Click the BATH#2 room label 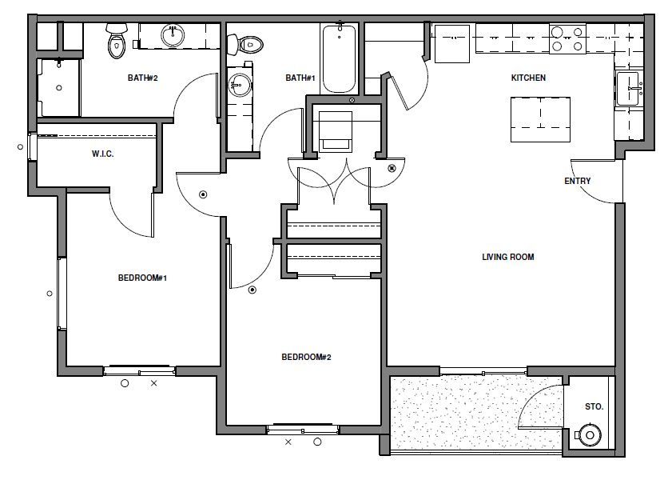point(143,78)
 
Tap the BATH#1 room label point(300,78)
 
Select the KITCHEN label point(528,78)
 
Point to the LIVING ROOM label point(507,257)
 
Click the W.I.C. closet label point(102,154)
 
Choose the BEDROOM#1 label point(142,278)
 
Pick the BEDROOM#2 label point(306,357)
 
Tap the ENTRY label point(577,181)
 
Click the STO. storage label point(594,406)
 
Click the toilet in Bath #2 point(117,40)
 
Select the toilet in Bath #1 point(245,44)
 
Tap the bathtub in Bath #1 point(340,58)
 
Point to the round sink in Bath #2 point(173,35)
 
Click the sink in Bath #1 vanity point(240,85)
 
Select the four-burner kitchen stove point(567,39)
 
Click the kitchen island point(540,119)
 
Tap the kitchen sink point(628,89)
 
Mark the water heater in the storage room point(590,434)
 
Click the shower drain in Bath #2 point(59,88)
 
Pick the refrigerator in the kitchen point(452,44)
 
